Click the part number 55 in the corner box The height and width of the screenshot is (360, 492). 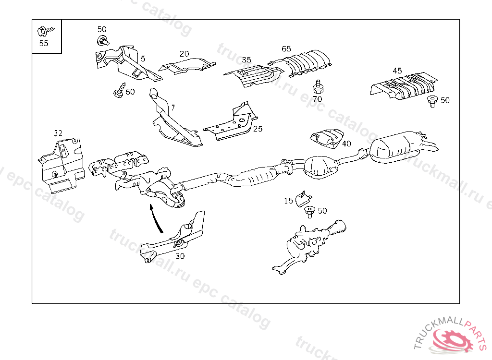pyautogui.click(x=44, y=43)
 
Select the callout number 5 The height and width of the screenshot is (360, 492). pyautogui.click(x=143, y=58)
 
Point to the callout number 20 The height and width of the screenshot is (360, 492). pyautogui.click(x=184, y=54)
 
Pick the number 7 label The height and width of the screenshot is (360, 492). pyautogui.click(x=173, y=107)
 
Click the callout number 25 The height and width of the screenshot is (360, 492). pyautogui.click(x=258, y=129)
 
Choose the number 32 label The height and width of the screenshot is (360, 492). pyautogui.click(x=58, y=133)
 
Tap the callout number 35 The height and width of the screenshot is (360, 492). pyautogui.click(x=246, y=60)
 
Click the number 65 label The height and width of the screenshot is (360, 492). pyautogui.click(x=286, y=49)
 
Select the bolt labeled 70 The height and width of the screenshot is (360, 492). pyautogui.click(x=317, y=87)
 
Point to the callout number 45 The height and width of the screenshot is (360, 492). pyautogui.click(x=397, y=71)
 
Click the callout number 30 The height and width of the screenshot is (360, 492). pyautogui.click(x=180, y=256)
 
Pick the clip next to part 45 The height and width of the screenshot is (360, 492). pyautogui.click(x=431, y=100)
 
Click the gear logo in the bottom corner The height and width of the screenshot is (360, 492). pyautogui.click(x=453, y=340)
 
